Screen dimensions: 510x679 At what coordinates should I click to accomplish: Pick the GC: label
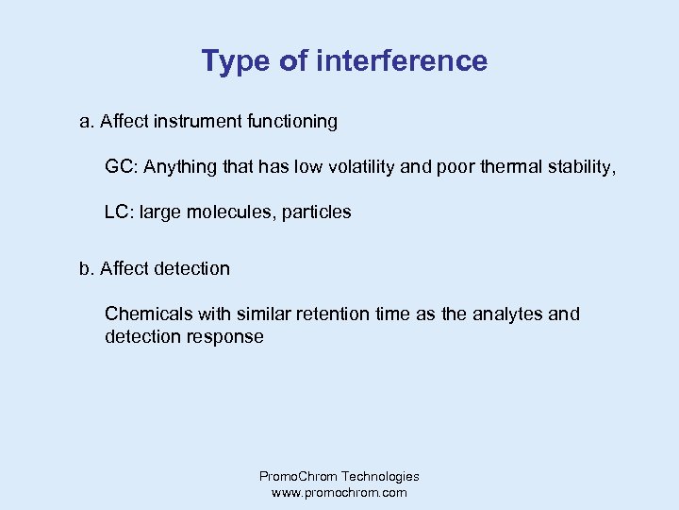(x=119, y=167)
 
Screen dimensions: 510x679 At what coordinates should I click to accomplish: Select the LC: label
(x=119, y=212)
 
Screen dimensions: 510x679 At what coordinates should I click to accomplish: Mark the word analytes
(x=504, y=314)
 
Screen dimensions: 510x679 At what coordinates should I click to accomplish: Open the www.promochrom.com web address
(x=339, y=493)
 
